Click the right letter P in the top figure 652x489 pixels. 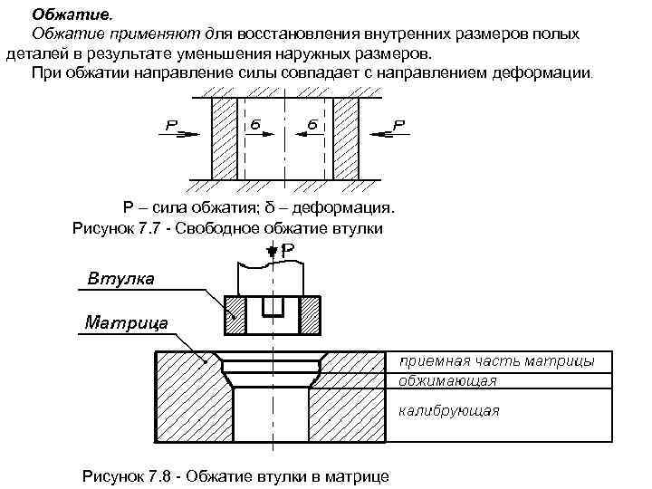click(399, 123)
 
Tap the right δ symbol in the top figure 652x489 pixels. click(312, 121)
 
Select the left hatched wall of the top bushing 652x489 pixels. click(224, 138)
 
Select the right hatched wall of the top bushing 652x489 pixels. click(346, 138)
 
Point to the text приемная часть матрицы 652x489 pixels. click(496, 361)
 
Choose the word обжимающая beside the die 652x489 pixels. click(447, 380)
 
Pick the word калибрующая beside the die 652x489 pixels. click(449, 410)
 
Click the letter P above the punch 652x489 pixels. click(287, 249)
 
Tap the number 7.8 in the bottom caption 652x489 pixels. click(168, 475)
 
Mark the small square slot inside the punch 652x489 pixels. click(273, 305)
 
